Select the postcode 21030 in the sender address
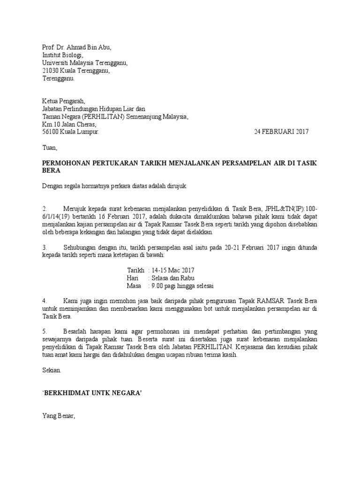pyautogui.click(x=51, y=71)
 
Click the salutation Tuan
pyautogui.click(x=49, y=148)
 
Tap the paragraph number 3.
pyautogui.click(x=45, y=247)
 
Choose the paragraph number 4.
pyautogui.click(x=45, y=300)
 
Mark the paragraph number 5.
pyautogui.click(x=45, y=331)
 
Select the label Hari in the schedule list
pyautogui.click(x=133, y=278)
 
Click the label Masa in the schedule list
pyautogui.click(x=135, y=286)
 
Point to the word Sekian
pyautogui.click(x=52, y=370)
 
